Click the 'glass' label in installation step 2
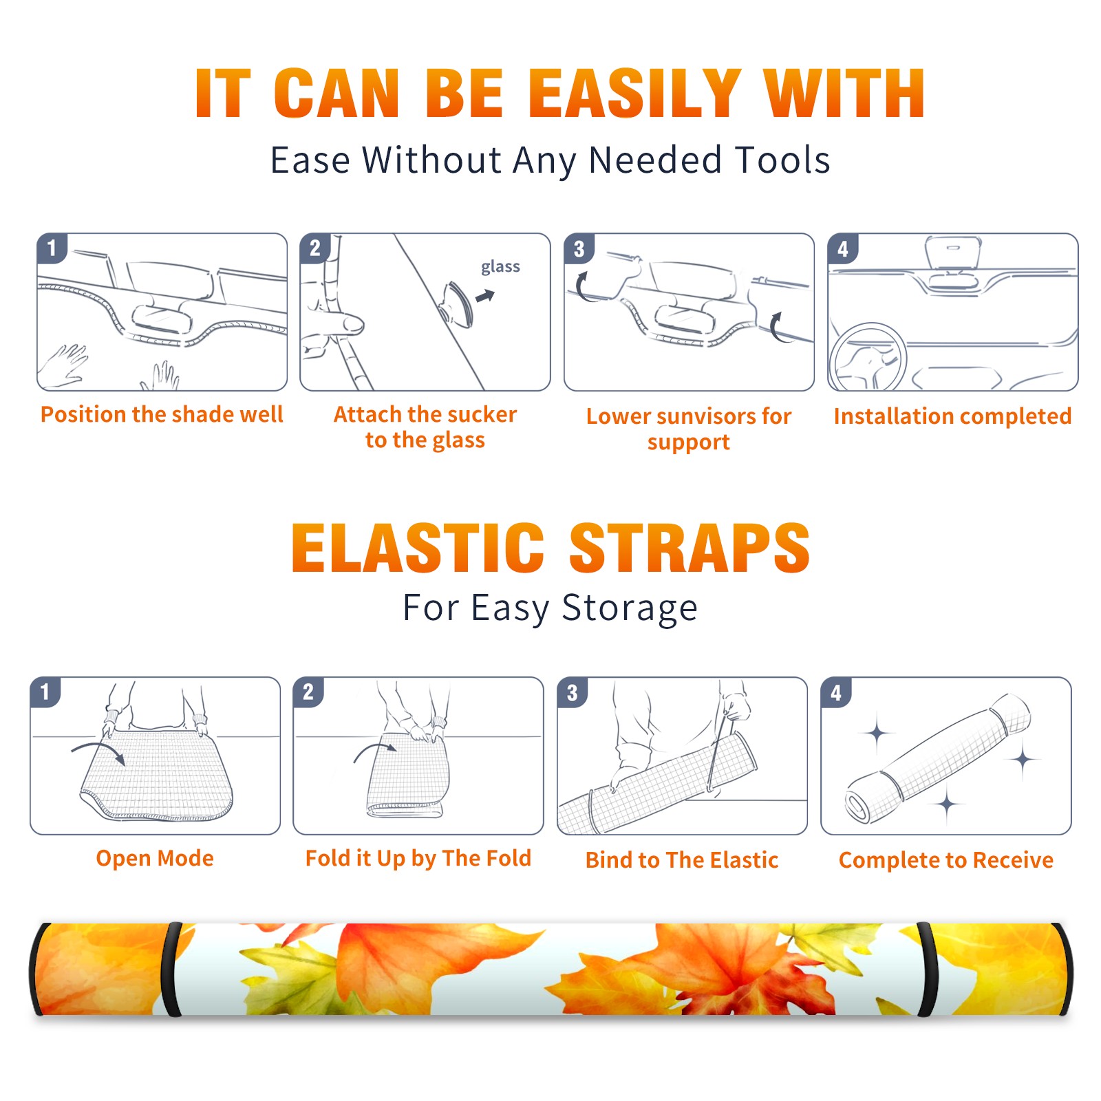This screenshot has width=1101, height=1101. pyautogui.click(x=500, y=266)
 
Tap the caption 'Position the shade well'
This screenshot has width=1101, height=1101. pyautogui.click(x=162, y=414)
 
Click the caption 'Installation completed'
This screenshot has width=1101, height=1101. pyautogui.click(x=952, y=416)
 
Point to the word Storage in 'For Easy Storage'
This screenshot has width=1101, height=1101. pyautogui.click(x=630, y=608)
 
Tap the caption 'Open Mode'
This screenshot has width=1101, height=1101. pyautogui.click(x=155, y=859)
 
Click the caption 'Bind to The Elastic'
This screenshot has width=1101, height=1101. pyautogui.click(x=682, y=860)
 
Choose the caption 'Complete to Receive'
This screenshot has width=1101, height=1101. pyautogui.click(x=946, y=860)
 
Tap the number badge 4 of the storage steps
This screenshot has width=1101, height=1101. pyautogui.click(x=836, y=693)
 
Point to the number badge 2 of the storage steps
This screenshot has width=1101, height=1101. pyautogui.click(x=308, y=692)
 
